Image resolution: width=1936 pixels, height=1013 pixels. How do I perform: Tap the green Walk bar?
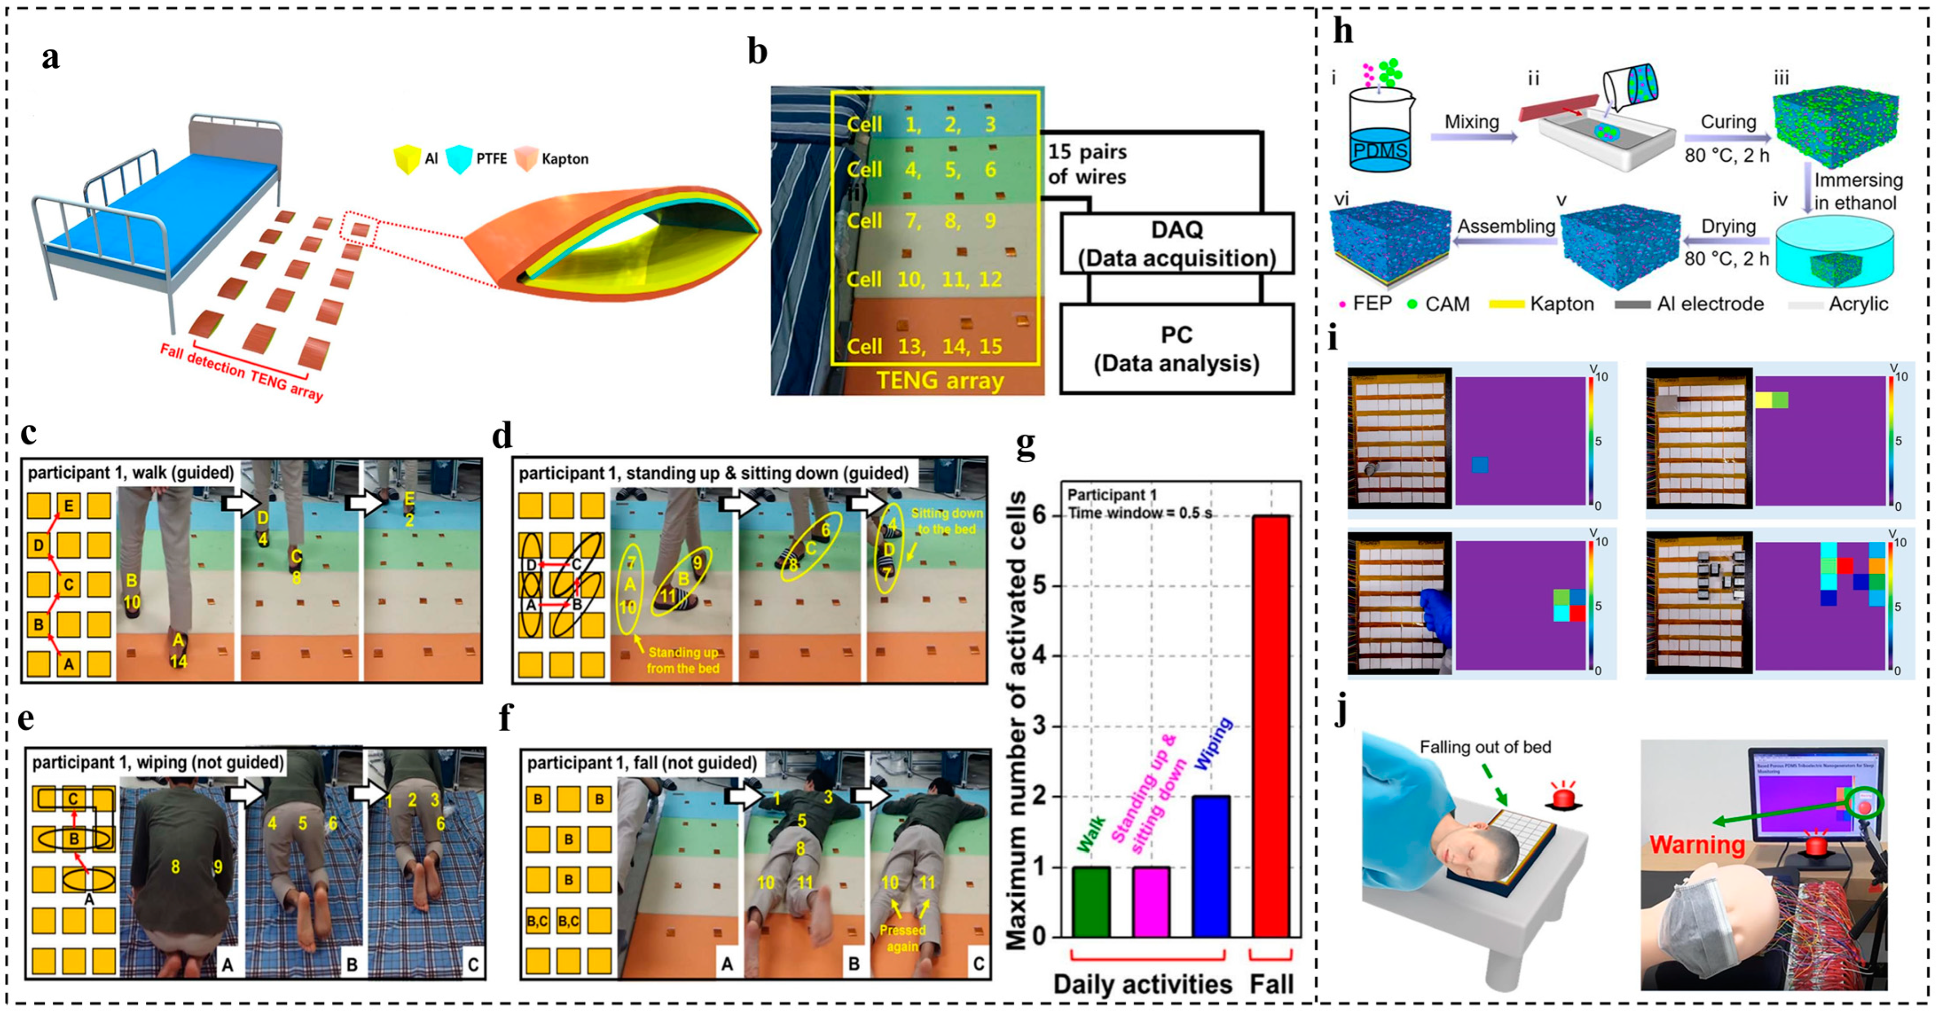pos(1091,901)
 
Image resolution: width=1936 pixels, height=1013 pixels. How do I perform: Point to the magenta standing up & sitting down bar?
pos(1151,901)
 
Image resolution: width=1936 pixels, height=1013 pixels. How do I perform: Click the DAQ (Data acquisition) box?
pos(1176,243)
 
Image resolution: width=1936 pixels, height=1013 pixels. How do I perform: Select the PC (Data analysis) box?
pos(1176,349)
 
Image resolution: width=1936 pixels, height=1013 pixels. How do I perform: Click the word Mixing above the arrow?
pos(1471,122)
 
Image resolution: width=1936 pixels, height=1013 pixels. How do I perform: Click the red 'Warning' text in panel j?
pos(1696,844)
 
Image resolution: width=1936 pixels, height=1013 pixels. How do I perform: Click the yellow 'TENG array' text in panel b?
pos(939,380)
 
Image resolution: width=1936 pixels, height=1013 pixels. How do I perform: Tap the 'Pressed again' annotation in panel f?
pos(902,938)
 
